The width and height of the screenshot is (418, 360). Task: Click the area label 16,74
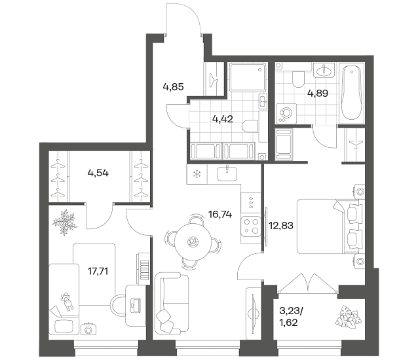point(220,214)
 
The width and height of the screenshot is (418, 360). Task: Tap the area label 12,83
point(281,226)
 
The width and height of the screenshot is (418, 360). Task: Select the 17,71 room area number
point(98,272)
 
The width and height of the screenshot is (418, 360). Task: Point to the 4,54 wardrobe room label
point(98,173)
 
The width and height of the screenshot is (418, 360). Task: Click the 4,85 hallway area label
point(173,87)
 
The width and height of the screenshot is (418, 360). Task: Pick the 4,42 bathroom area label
point(223,119)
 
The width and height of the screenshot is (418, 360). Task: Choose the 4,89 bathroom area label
point(318,94)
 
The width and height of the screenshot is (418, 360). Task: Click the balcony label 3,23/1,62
point(291,317)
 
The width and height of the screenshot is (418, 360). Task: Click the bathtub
point(352,93)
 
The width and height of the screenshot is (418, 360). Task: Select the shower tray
point(248,77)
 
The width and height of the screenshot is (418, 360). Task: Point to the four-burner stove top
point(251,226)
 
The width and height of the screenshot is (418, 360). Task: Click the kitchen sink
point(227,174)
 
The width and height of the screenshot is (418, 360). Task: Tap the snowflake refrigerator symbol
point(197,174)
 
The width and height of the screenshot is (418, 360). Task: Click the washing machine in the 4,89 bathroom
point(286,114)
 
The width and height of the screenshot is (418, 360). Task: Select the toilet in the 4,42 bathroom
point(250,126)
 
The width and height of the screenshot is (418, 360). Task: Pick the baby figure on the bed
point(67,301)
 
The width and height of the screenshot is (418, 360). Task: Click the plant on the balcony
point(348,317)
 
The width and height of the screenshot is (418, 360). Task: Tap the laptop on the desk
point(136,306)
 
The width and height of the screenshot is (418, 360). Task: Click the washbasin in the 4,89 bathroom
point(324,71)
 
